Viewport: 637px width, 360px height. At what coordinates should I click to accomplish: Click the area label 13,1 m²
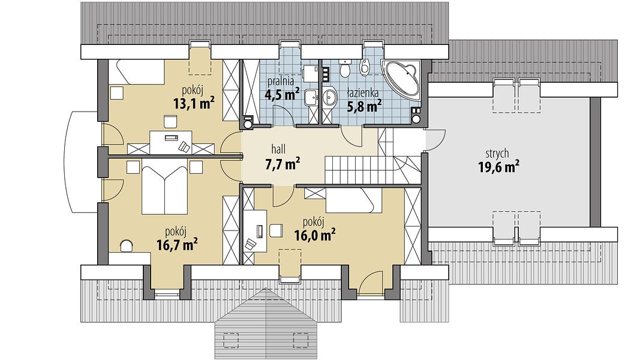coord(194,103)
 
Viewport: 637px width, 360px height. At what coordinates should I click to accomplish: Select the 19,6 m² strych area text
coord(499,167)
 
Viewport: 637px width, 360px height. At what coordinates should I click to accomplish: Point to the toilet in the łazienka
coord(345,68)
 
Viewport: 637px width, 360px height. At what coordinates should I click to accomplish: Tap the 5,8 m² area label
coord(364,106)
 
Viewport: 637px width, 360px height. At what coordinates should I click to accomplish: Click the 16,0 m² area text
coord(315,235)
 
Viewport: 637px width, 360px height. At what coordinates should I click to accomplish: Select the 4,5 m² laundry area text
coord(282,94)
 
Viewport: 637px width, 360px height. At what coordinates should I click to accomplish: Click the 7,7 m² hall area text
coord(283,164)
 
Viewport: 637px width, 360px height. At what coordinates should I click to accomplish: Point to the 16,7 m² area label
coord(177,244)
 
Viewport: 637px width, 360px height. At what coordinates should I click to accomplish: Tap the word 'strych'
coord(497,154)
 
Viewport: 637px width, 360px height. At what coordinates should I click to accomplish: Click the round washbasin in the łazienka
coord(330,97)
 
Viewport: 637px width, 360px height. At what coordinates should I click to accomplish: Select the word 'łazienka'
coord(363,94)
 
